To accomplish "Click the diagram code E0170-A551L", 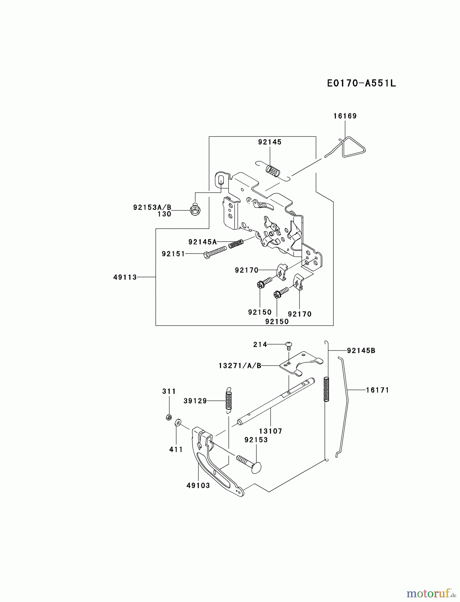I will [361, 83].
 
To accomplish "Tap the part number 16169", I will [345, 116].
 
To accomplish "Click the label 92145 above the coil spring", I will [270, 142].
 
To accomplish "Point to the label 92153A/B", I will [152, 207].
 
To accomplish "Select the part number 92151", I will [173, 254].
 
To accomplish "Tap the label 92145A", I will [203, 241].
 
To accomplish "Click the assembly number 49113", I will [125, 277].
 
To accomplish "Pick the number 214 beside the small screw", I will [260, 344].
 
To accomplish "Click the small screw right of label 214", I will [289, 344].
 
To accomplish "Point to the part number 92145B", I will [361, 350].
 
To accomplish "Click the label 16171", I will [377, 390].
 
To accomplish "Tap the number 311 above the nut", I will [169, 391].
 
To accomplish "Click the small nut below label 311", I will [169, 417].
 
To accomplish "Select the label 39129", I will [195, 401].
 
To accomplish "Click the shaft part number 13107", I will [270, 431].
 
